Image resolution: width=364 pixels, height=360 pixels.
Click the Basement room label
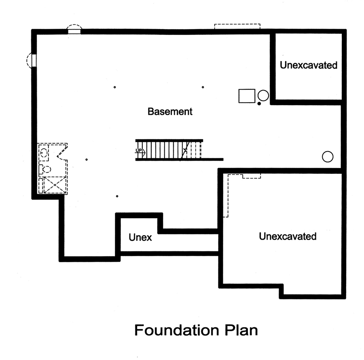[x=170, y=112]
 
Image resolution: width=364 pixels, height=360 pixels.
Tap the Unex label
[x=140, y=238]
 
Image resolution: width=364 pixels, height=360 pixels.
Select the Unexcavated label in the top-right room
[x=309, y=65]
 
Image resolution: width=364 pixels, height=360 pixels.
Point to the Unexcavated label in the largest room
[x=288, y=236]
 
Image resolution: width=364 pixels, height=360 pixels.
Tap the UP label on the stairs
[x=139, y=151]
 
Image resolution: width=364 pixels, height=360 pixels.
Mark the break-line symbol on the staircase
[x=186, y=150]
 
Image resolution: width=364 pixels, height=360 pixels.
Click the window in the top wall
[x=74, y=30]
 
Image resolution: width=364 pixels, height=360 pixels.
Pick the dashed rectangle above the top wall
[x=237, y=26]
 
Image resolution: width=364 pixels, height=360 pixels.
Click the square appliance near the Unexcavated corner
[x=247, y=96]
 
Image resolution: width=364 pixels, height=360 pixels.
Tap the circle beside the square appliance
[x=263, y=96]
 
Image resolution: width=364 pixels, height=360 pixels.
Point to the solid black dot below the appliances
[x=259, y=104]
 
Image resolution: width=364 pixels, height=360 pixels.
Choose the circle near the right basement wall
[x=327, y=157]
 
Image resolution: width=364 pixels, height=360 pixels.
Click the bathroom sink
[x=44, y=153]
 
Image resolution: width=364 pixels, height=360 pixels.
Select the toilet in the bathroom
[x=44, y=169]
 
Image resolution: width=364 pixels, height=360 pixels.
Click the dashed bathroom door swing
[x=62, y=152]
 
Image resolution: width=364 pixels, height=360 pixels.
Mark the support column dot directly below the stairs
[x=117, y=196]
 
